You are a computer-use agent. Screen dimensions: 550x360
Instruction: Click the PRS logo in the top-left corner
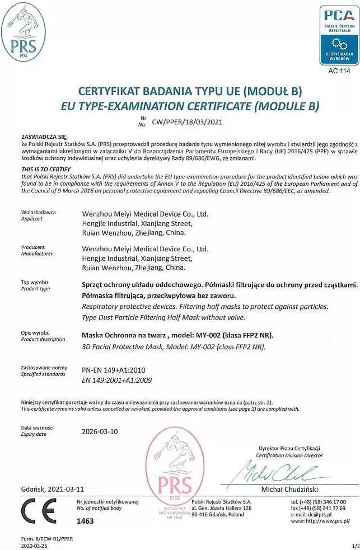(24, 32)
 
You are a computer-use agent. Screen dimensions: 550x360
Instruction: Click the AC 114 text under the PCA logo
(339, 71)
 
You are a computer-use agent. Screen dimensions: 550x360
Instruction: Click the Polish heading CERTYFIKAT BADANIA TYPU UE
(190, 91)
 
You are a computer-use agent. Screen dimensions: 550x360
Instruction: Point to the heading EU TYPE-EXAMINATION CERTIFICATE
(190, 105)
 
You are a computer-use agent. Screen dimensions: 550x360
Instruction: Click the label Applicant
(31, 219)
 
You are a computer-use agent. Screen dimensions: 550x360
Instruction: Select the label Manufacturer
(36, 253)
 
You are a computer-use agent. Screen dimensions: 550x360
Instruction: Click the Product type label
(35, 289)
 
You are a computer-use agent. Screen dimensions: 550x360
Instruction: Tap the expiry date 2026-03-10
(100, 431)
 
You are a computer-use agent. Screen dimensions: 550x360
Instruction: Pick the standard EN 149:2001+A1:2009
(116, 380)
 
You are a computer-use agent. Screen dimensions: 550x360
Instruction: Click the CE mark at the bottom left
(38, 511)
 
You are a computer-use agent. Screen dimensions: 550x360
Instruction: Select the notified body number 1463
(85, 521)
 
